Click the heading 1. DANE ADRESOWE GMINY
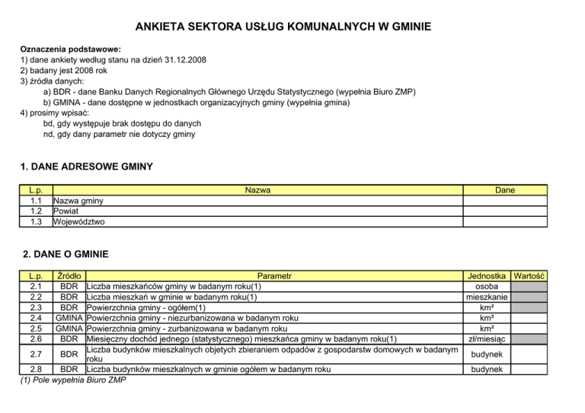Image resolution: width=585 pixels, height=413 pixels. pyautogui.click(x=86, y=166)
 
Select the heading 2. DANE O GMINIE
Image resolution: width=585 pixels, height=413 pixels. pyautogui.click(x=66, y=254)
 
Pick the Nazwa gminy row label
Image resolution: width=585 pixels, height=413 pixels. pyautogui.click(x=79, y=201)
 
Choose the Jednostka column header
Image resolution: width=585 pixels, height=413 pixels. pyautogui.click(x=487, y=275)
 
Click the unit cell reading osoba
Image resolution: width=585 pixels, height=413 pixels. pyautogui.click(x=487, y=286)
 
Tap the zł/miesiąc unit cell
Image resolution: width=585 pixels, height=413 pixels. pyautogui.click(x=487, y=338)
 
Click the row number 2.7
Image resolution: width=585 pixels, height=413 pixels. pyautogui.click(x=35, y=354)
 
